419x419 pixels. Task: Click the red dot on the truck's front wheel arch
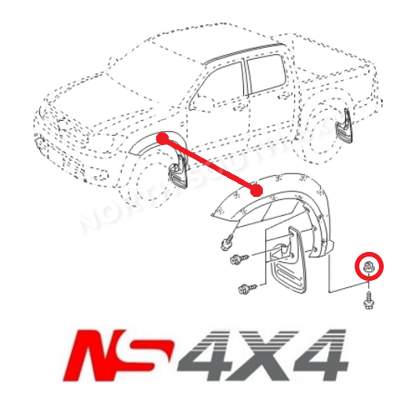click(x=162, y=138)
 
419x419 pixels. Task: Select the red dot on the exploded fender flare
click(x=257, y=189)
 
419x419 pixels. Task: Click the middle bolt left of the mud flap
click(x=237, y=260)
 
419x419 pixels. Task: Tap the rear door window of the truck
click(x=265, y=74)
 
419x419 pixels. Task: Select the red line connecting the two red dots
click(x=209, y=163)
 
